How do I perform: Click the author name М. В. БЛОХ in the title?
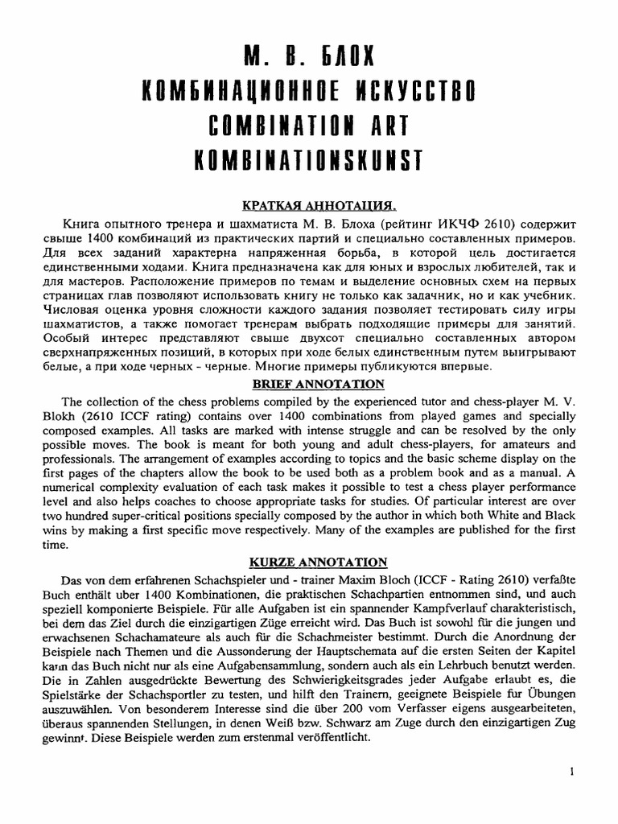pyautogui.click(x=309, y=57)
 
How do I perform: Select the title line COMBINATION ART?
pyautogui.click(x=309, y=126)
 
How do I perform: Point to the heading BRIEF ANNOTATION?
pyautogui.click(x=309, y=384)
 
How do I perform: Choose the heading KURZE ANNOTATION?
pyautogui.click(x=309, y=562)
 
